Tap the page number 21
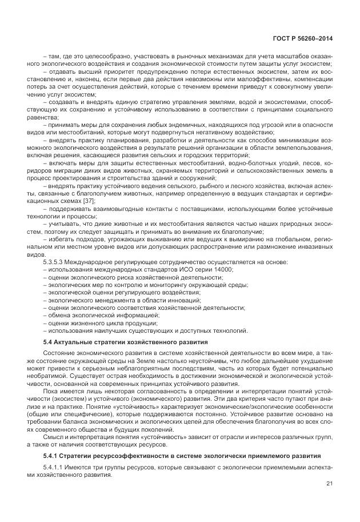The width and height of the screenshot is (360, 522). [x=329, y=485]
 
